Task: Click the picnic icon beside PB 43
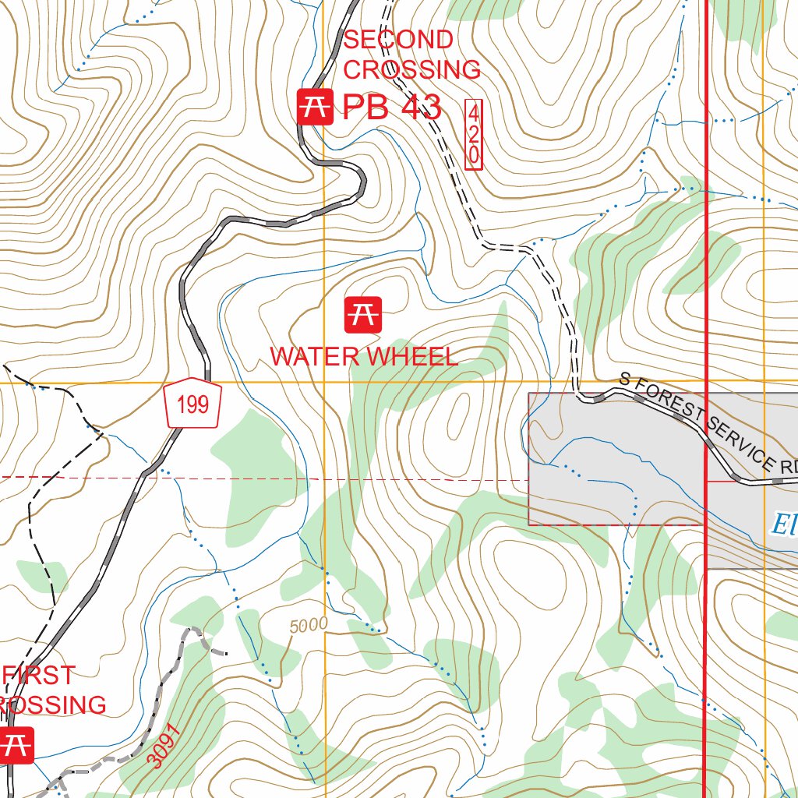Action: [315, 107]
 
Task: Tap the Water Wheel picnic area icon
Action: [363, 314]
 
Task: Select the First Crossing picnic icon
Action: [16, 744]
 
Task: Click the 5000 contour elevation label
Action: [308, 626]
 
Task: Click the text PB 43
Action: [392, 108]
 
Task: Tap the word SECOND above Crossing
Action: [397, 40]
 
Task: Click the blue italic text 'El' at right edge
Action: [782, 524]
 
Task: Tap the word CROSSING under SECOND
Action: [411, 70]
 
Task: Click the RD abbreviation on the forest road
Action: [789, 468]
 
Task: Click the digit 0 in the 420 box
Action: [473, 155]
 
